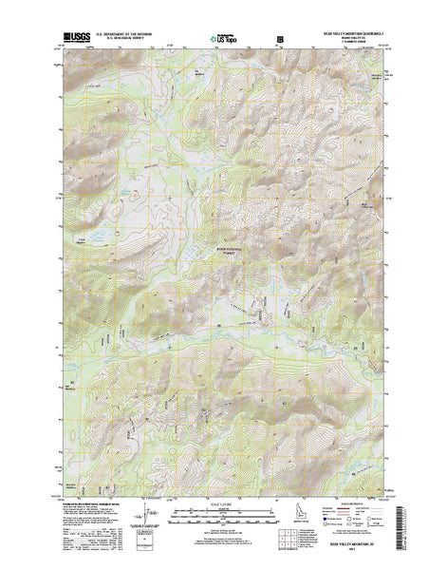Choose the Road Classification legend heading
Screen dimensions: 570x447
pos(364,496)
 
